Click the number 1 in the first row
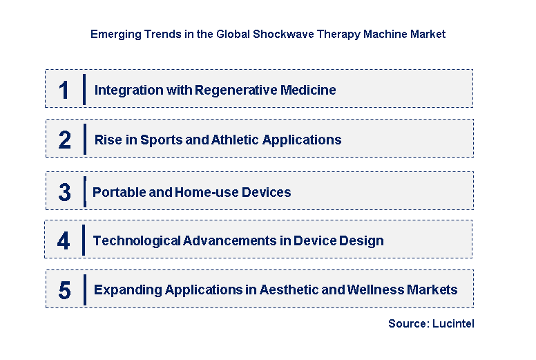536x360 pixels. [64, 90]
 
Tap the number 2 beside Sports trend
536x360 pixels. [64, 140]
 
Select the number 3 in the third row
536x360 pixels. [64, 192]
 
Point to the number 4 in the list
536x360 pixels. [64, 240]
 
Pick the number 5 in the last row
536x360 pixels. [64, 290]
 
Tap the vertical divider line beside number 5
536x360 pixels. [84, 290]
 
